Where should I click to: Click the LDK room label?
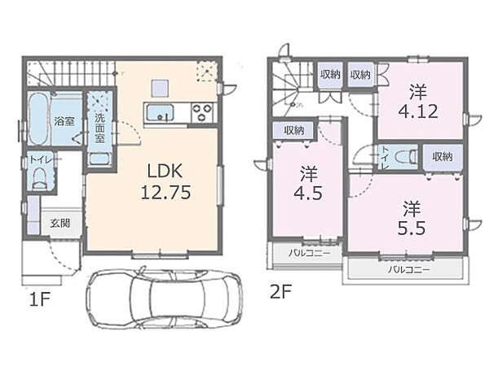tap(165, 171)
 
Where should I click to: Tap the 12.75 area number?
tap(165, 192)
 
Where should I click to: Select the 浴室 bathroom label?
tap(64, 120)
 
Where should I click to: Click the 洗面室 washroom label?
tap(99, 128)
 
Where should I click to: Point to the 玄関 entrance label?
tap(59, 223)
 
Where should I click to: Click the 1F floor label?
tap(40, 299)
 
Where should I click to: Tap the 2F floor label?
tap(280, 292)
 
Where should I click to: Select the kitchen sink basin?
tap(161, 112)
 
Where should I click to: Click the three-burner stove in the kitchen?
tap(202, 112)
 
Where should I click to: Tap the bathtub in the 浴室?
tap(38, 119)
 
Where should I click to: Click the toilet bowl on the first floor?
tap(40, 179)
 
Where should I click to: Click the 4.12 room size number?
tap(418, 111)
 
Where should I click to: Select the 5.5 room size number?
tap(412, 229)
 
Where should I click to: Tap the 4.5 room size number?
tap(308, 193)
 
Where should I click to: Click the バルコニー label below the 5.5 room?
tap(409, 269)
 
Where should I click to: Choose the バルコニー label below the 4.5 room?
tap(309, 253)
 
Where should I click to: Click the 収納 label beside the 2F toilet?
tap(443, 156)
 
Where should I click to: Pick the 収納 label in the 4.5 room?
tap(294, 130)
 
